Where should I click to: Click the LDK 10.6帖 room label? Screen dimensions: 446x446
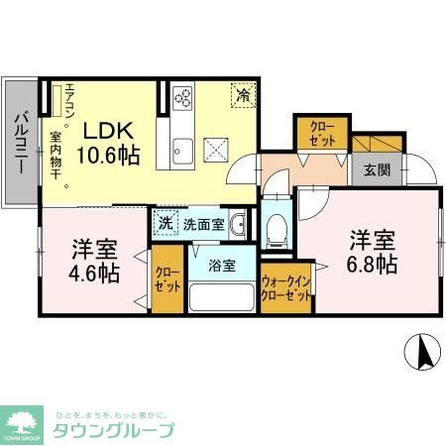tap(110, 143)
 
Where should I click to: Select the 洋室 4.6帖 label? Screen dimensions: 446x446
tap(91, 258)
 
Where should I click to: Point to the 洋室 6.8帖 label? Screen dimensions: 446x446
tap(372, 252)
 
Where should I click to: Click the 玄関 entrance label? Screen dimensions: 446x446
tap(377, 169)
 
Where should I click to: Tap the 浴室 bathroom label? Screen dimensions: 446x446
tap(221, 266)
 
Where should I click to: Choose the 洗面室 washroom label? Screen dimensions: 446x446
tap(202, 224)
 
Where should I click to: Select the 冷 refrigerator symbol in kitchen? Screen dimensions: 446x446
tap(243, 95)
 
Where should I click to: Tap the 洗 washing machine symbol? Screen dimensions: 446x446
tap(166, 224)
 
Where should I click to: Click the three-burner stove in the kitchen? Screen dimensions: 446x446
tap(182, 97)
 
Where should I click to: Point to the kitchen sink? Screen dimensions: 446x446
tap(183, 152)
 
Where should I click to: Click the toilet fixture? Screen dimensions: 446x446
tap(278, 227)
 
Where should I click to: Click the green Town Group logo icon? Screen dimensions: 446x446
tap(24, 421)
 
